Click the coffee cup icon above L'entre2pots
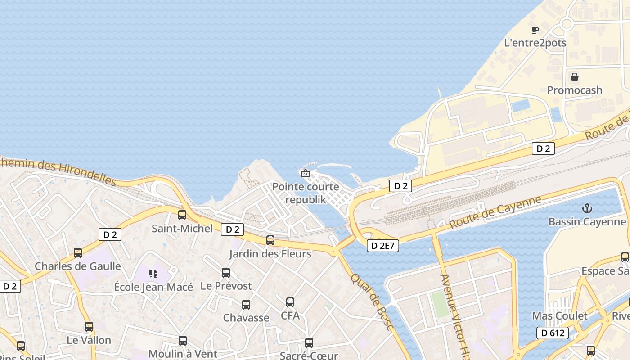click(x=535, y=30)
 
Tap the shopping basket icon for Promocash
click(x=575, y=77)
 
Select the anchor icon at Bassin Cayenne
click(x=587, y=208)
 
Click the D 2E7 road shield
click(x=383, y=246)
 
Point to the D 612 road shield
click(x=553, y=333)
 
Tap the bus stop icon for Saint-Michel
click(x=182, y=215)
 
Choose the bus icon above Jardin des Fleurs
click(x=270, y=240)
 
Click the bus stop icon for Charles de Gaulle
click(x=78, y=253)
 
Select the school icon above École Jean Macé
click(x=153, y=274)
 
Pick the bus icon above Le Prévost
click(x=226, y=273)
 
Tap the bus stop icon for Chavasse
click(x=246, y=305)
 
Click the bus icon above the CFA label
click(x=290, y=302)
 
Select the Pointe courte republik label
click(x=306, y=193)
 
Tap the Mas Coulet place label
click(x=560, y=315)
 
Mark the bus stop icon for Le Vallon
click(x=89, y=327)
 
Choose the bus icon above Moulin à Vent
click(x=183, y=341)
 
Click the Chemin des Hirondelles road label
click(x=58, y=171)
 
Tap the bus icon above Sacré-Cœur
click(x=309, y=343)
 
